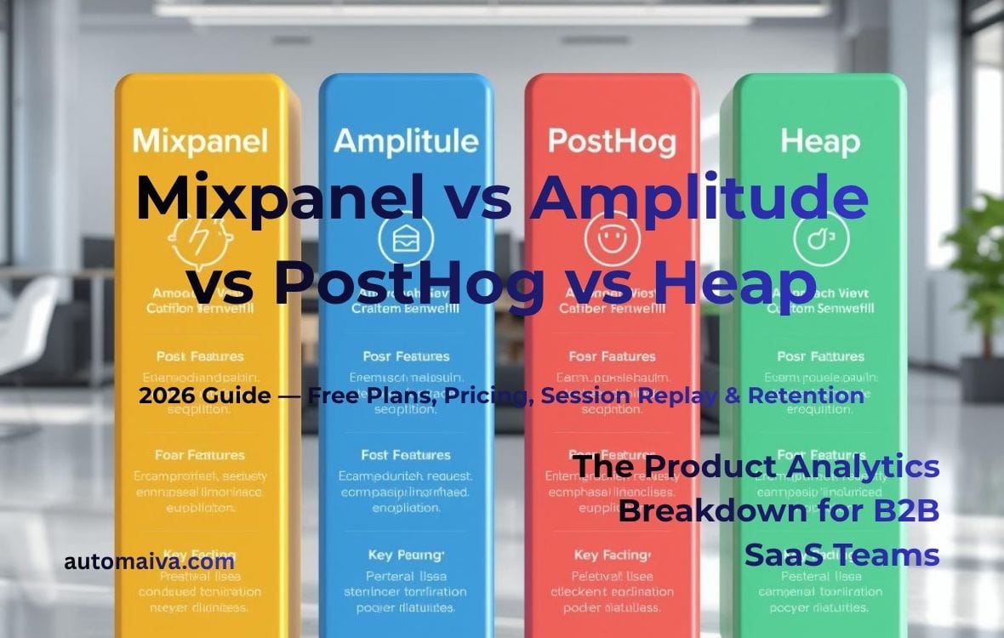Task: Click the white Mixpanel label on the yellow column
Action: click(201, 140)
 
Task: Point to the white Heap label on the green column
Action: click(809, 140)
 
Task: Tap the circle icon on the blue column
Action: click(404, 241)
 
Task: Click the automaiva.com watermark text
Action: click(150, 561)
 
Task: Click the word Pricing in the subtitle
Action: click(491, 396)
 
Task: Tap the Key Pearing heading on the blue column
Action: click(405, 555)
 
